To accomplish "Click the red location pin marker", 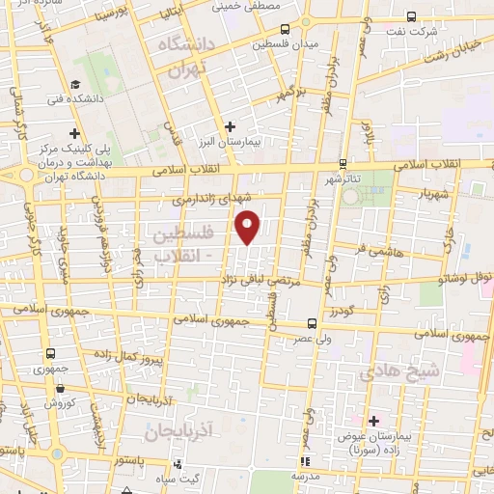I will (x=248, y=226).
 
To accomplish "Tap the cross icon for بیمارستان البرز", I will (x=230, y=125).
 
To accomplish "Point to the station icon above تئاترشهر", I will (x=343, y=163).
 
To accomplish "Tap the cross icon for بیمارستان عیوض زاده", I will (x=373, y=420).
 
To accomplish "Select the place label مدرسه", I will (x=306, y=476).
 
